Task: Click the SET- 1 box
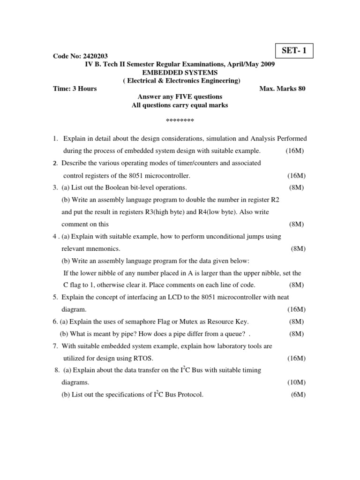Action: point(293,51)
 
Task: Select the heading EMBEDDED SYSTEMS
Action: point(180,72)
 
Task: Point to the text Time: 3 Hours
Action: point(75,89)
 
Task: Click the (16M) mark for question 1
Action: point(294,151)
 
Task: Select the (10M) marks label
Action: point(296,382)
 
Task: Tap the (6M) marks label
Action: point(298,395)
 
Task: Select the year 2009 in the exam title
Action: point(267,64)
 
